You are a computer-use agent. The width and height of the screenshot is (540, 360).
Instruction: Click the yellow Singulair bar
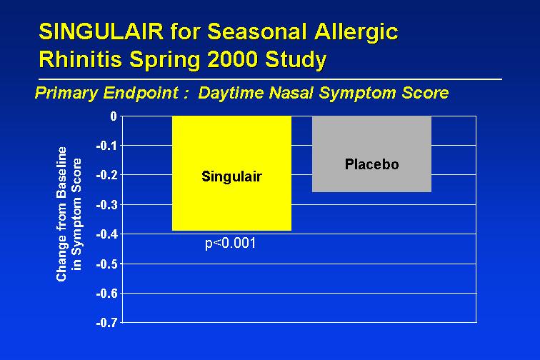click(x=231, y=174)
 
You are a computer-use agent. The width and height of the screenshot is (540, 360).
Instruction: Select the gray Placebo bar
click(x=371, y=154)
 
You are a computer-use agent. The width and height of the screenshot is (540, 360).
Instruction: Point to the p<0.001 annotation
click(x=231, y=244)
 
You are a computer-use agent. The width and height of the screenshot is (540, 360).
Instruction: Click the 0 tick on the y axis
click(x=114, y=116)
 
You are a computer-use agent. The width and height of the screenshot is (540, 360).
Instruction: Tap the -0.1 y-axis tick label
click(x=106, y=146)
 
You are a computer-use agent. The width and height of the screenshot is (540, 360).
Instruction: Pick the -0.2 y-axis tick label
click(x=106, y=175)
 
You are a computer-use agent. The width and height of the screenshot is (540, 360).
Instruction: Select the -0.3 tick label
click(x=106, y=205)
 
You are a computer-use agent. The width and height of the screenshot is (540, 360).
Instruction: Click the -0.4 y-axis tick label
click(x=106, y=234)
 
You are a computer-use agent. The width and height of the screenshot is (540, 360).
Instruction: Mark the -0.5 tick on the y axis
click(x=106, y=264)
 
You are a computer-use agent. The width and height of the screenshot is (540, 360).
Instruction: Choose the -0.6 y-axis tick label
click(x=106, y=294)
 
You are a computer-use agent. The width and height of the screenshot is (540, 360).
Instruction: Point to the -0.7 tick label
click(x=106, y=323)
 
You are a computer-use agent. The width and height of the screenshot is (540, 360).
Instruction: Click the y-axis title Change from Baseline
click(x=61, y=214)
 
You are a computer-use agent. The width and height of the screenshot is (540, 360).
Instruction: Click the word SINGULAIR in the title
click(x=101, y=31)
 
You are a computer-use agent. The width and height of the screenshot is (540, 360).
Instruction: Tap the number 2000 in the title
click(x=232, y=59)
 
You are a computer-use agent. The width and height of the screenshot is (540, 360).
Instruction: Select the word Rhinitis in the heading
click(x=80, y=59)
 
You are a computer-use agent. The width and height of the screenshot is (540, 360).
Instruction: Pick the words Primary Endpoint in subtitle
click(x=106, y=94)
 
